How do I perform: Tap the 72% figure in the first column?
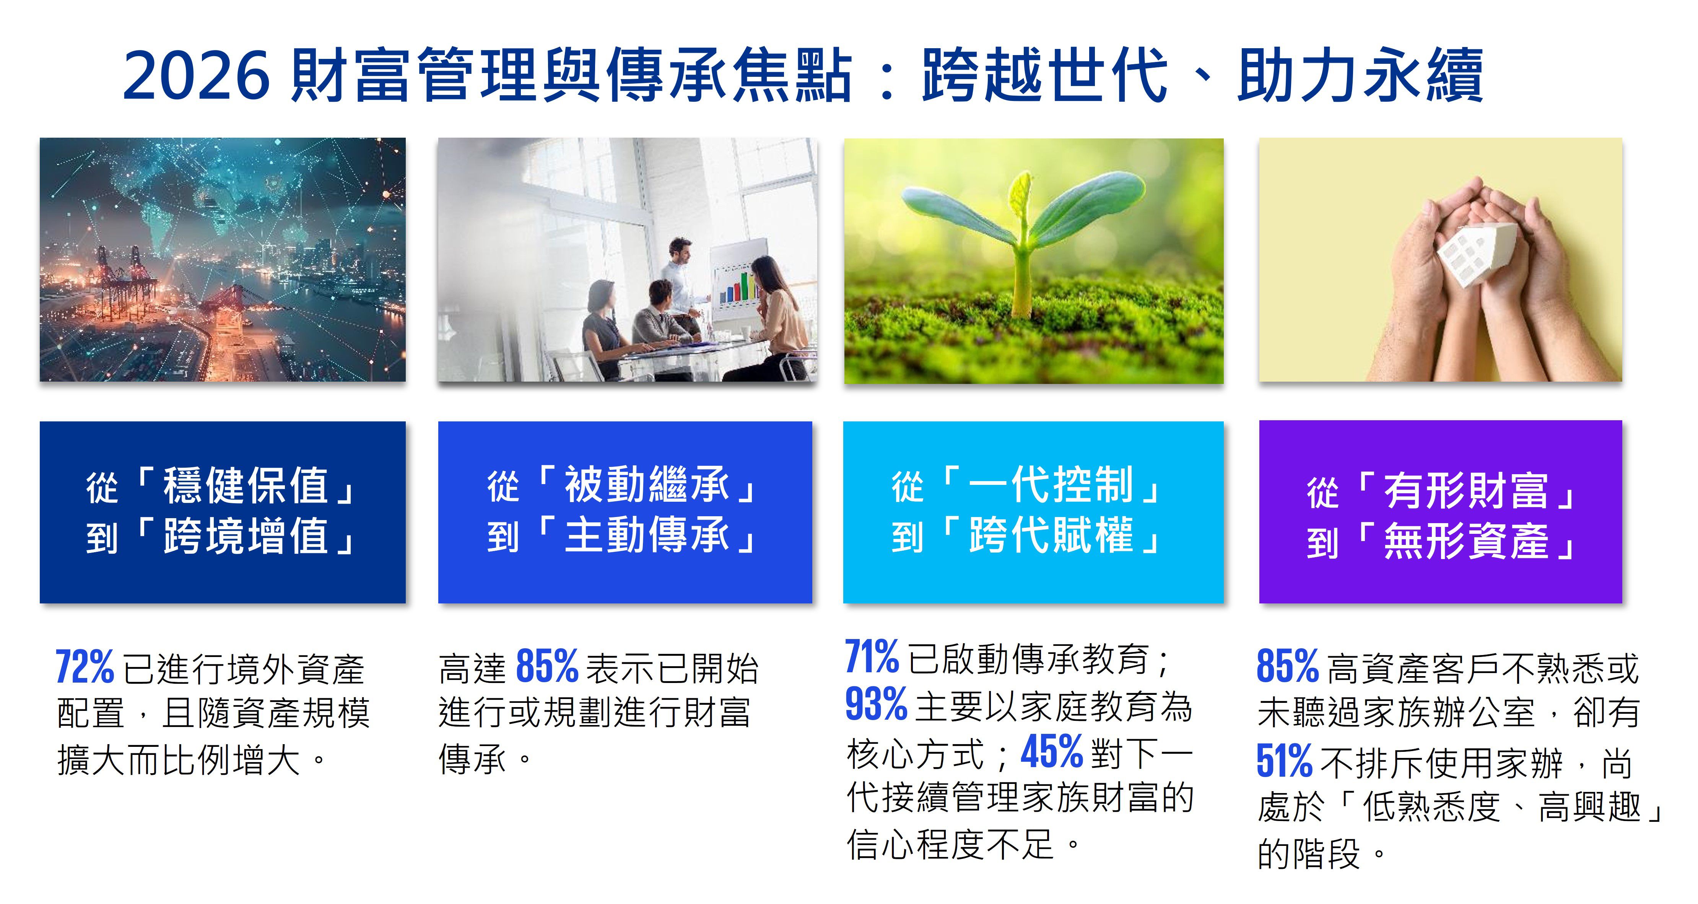tap(85, 667)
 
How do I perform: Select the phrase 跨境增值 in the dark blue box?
tap(245, 536)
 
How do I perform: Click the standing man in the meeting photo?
tap(679, 283)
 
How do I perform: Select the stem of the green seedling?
tap(1022, 277)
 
